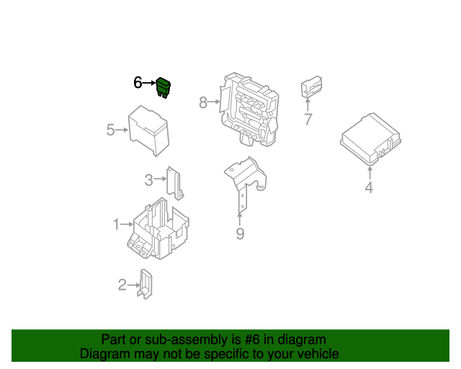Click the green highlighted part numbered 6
tap(164, 88)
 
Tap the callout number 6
tap(138, 83)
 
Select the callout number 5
tap(110, 130)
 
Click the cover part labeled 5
tap(148, 130)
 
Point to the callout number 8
tap(203, 102)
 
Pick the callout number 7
tap(308, 119)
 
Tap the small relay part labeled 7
tap(311, 86)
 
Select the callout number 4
tap(369, 187)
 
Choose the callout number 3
tap(149, 179)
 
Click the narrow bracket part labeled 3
tap(175, 183)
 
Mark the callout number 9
tap(240, 234)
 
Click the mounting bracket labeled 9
tap(245, 179)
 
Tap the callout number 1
tap(117, 225)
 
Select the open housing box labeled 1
tap(158, 228)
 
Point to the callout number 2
tap(122, 285)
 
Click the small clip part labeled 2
tap(145, 284)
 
